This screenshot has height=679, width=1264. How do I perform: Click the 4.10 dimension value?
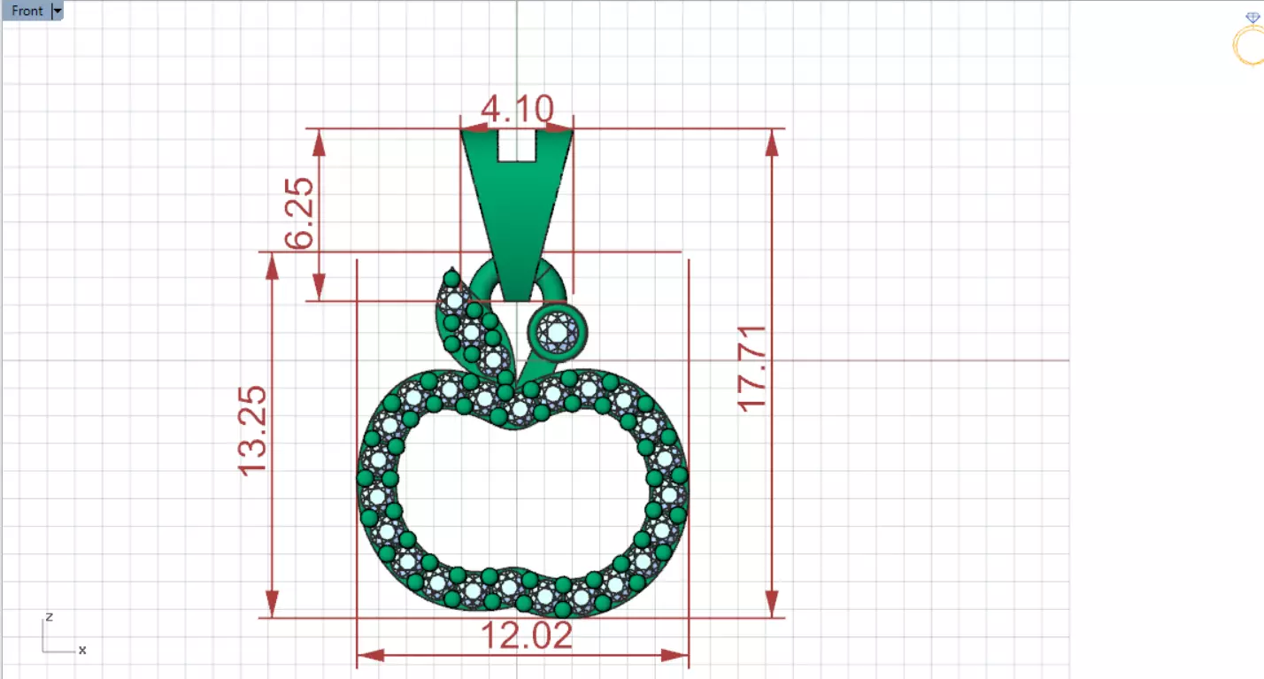click(517, 110)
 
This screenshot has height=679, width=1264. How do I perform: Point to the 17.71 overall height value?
click(751, 367)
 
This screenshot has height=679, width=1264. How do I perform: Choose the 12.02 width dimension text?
click(526, 636)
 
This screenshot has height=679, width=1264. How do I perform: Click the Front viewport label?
click(27, 11)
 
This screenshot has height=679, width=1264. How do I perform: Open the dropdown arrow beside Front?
click(58, 11)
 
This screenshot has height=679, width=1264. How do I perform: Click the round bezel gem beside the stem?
click(557, 332)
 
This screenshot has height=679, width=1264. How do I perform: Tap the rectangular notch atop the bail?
click(517, 146)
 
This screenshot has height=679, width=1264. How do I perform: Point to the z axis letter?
click(50, 616)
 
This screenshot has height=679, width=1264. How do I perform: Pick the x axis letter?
click(82, 650)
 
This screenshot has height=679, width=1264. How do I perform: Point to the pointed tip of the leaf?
click(453, 270)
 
